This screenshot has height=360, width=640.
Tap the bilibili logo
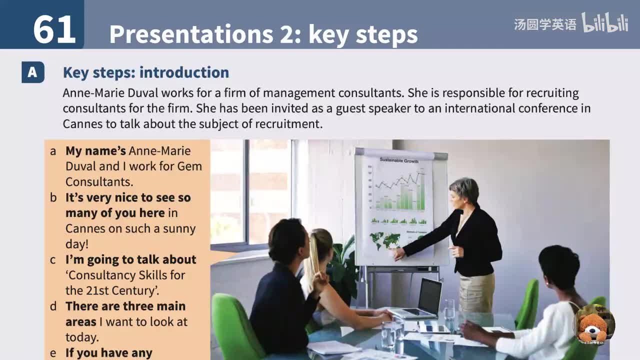(605, 23)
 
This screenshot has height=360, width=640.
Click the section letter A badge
(32, 72)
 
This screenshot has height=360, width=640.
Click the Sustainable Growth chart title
(399, 160)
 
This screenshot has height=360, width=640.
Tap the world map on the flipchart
(384, 240)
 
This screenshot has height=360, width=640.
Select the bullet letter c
(52, 260)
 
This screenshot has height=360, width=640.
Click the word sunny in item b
(179, 228)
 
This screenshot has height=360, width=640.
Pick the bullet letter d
(53, 306)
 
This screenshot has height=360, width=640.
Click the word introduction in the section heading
(184, 72)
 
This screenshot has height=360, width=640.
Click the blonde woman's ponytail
(313, 260)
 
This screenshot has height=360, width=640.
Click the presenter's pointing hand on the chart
(398, 253)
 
